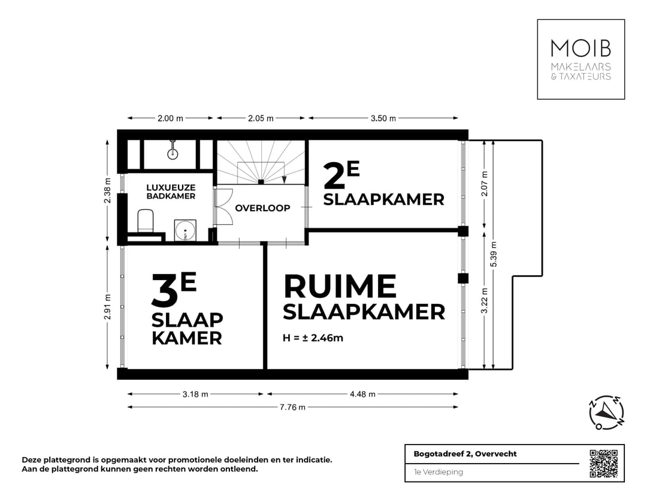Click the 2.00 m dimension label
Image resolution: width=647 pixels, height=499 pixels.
pyautogui.click(x=170, y=118)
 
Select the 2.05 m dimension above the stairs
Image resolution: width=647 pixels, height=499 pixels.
pyautogui.click(x=261, y=118)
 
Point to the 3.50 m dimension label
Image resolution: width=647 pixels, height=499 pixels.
pyautogui.click(x=383, y=118)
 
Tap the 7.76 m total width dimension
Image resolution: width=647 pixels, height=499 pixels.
pyautogui.click(x=292, y=407)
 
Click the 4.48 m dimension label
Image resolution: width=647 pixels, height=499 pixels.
pyautogui.click(x=362, y=394)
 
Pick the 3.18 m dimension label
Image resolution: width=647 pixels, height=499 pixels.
pyautogui.click(x=195, y=394)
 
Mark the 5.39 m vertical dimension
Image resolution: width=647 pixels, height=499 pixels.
pyautogui.click(x=494, y=254)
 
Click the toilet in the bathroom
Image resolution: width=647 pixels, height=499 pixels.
pyautogui.click(x=145, y=221)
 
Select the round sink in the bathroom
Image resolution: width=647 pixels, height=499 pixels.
pyautogui.click(x=185, y=230)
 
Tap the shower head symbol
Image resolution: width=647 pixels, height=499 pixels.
pyautogui.click(x=173, y=150)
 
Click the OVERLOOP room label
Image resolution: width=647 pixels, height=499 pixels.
pyautogui.click(x=262, y=208)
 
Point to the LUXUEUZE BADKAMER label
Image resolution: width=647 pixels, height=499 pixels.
pyautogui.click(x=171, y=191)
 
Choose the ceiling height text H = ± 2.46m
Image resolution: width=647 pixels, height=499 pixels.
pyautogui.click(x=313, y=338)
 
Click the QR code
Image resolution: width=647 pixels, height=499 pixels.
pyautogui.click(x=604, y=464)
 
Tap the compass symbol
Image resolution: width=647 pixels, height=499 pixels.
pyautogui.click(x=606, y=412)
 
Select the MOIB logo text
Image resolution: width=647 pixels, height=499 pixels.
pyautogui.click(x=581, y=48)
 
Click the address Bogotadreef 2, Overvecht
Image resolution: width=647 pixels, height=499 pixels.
pyautogui.click(x=465, y=454)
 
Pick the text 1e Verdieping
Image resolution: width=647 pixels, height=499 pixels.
pyautogui.click(x=438, y=472)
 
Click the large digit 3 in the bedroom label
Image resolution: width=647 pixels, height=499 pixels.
pyautogui.click(x=165, y=290)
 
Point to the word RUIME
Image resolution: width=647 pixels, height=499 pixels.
pyautogui.click(x=340, y=287)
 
